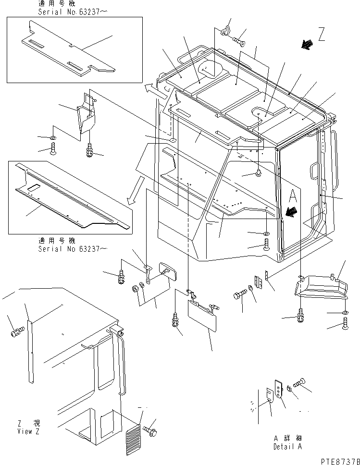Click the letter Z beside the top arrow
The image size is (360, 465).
click(322, 35)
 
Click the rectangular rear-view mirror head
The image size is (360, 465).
click(168, 271)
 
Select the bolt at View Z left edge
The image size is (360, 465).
click(17, 331)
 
